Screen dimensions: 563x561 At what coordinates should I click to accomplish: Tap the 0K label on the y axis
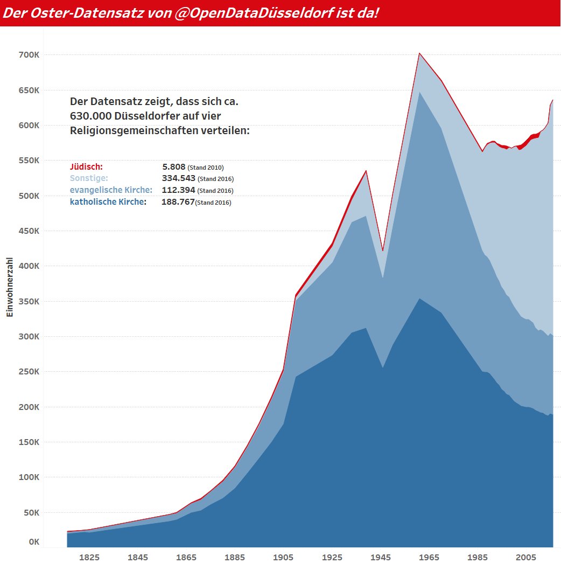coord(33,542)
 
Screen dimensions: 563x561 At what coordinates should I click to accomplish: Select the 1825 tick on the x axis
coord(89,557)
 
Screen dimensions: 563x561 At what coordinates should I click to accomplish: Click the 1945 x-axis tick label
coord(381,557)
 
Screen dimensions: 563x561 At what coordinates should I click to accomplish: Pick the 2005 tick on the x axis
coord(526,557)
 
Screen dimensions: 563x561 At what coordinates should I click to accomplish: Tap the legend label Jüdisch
coord(86,167)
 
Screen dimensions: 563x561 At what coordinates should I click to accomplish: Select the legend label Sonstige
coord(89,178)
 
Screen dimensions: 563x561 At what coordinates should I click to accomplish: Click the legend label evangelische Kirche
coord(111,190)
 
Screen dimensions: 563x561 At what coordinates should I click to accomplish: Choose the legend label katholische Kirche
coord(108,202)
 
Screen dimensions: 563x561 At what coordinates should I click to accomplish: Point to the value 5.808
coord(174,167)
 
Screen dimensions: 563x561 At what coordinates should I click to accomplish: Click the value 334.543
coord(178,178)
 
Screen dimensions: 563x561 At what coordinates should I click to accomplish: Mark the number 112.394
coord(178,190)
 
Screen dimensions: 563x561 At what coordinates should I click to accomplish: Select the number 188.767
coord(178,202)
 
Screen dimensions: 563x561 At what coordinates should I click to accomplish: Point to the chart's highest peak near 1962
coord(419,53)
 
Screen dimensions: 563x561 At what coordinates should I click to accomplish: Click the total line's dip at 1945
coord(382,251)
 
